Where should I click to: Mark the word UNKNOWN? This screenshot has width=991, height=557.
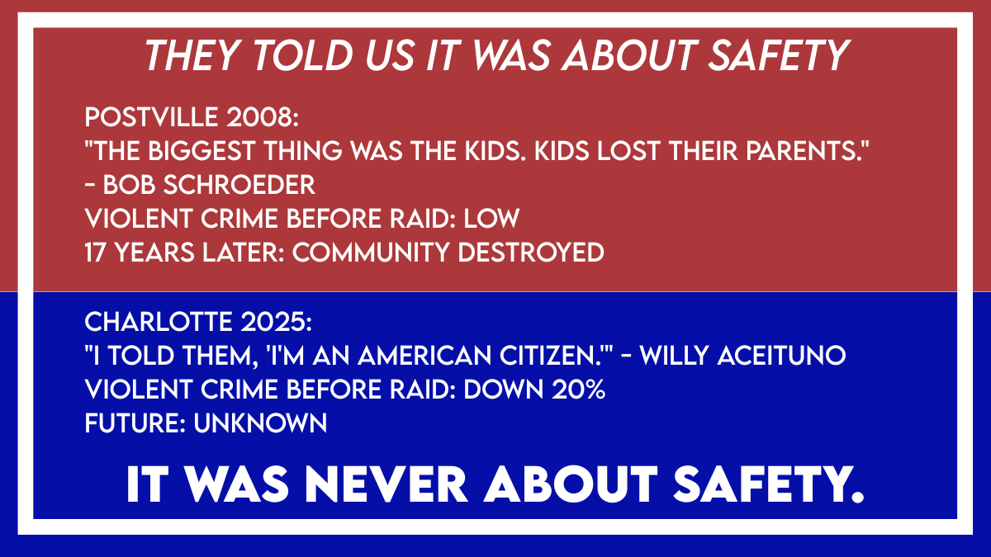(x=260, y=423)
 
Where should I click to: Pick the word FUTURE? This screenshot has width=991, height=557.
(x=132, y=423)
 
